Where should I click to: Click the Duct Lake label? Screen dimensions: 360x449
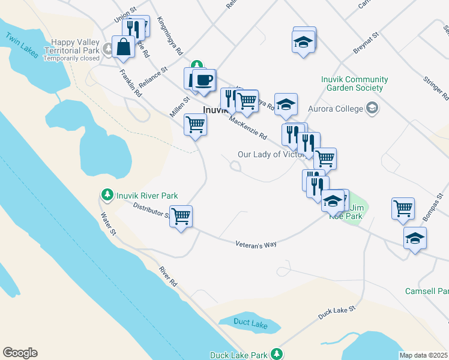point(251,325)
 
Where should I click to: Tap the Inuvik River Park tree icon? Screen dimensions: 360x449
point(107,195)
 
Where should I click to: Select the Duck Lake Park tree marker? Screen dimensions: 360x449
point(276,353)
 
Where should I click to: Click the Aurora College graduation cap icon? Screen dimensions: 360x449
point(372,109)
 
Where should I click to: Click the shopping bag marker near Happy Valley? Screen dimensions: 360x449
point(123,47)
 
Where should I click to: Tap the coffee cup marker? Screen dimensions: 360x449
point(204,80)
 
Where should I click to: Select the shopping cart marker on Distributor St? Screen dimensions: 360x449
point(181,216)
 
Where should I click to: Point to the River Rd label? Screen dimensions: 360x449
point(168,276)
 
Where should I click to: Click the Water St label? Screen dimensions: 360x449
point(107,223)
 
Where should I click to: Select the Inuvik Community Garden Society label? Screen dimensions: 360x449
point(347,83)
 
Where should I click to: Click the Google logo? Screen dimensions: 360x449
point(20,353)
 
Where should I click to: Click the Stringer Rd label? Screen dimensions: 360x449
point(436,87)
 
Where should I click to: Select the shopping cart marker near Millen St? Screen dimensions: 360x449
point(195,125)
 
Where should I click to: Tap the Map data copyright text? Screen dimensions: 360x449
point(423,355)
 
